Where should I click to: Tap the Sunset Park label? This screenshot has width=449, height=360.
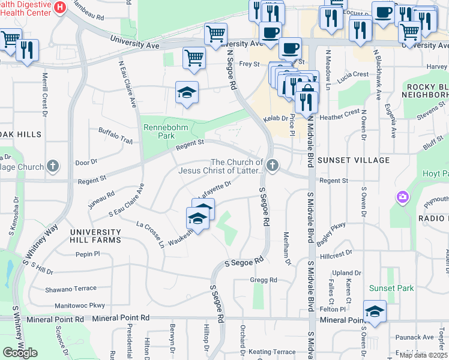391,288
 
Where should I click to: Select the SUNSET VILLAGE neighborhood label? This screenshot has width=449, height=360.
354,160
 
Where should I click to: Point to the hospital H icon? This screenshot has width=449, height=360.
60,7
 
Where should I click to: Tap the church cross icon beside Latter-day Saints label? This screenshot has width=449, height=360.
273,165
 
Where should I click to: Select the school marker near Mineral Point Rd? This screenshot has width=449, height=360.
375,311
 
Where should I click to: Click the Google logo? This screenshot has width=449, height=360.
20,353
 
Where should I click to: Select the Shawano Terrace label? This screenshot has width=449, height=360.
67,289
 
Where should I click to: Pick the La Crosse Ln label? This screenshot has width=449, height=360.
150,234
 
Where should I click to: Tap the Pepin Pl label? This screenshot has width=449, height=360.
88,254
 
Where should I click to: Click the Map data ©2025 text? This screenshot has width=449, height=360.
423,355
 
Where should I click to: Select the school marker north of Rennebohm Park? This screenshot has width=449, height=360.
187,92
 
